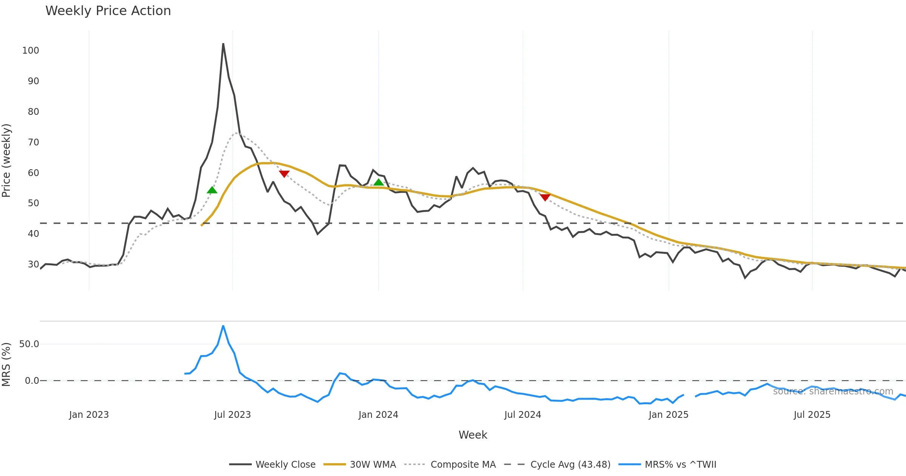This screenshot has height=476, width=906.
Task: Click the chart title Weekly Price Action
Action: click(x=108, y=11)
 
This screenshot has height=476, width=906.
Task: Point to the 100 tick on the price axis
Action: click(x=31, y=51)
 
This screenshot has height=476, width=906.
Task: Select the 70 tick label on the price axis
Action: click(x=33, y=142)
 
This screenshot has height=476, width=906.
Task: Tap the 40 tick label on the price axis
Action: click(x=33, y=234)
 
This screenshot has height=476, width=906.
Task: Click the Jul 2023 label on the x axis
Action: click(x=232, y=415)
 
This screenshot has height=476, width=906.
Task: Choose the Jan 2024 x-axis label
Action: click(x=378, y=415)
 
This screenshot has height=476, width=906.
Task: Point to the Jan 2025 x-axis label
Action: click(x=668, y=415)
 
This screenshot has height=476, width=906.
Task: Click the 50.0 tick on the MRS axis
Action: click(x=29, y=344)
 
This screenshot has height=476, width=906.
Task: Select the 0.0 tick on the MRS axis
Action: click(x=32, y=381)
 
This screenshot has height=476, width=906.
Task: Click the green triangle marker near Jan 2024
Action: click(x=378, y=182)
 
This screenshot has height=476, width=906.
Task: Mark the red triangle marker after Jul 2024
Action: click(x=545, y=197)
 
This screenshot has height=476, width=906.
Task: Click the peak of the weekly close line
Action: click(x=223, y=44)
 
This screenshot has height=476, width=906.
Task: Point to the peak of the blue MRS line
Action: click(x=223, y=326)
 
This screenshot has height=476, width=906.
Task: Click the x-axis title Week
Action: click(x=473, y=435)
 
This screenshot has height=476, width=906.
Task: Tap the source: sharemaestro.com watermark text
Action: click(x=833, y=391)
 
